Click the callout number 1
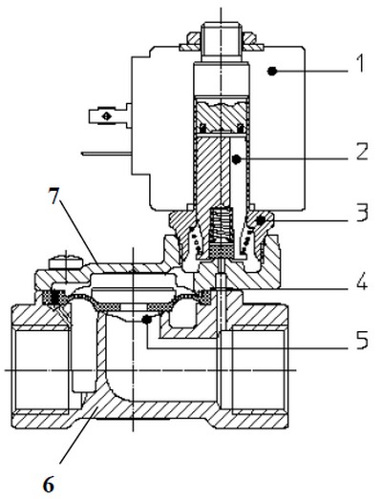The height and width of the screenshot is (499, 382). [x=360, y=63]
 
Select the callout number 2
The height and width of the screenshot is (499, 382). [x=362, y=152]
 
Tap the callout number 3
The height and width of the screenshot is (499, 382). [x=362, y=212]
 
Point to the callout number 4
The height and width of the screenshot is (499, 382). [x=361, y=281]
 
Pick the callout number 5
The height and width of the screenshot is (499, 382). [x=362, y=340]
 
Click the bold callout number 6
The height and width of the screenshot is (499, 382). [x=49, y=485]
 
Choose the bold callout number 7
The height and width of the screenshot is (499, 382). [x=53, y=195]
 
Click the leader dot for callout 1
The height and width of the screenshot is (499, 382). [x=271, y=72]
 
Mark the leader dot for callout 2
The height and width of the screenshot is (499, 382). [x=236, y=159]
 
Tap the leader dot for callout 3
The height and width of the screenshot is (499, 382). [x=262, y=220]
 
